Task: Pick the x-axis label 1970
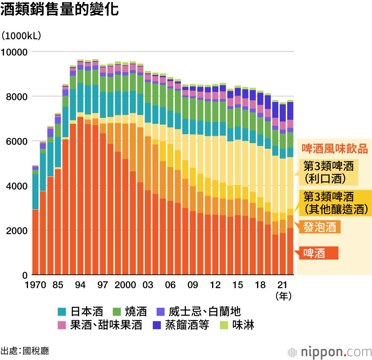coord(35,285)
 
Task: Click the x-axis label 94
coord(80,285)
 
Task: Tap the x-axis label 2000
coord(125,285)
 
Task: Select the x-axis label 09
coord(193,285)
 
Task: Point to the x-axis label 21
coord(283,285)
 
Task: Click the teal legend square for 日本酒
coord(62,311)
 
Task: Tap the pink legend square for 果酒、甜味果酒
coord(62,325)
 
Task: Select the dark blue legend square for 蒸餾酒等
coord(157,325)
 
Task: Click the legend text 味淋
coord(243,325)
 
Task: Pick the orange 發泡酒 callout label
coord(320,227)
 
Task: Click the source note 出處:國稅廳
coord(25,351)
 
